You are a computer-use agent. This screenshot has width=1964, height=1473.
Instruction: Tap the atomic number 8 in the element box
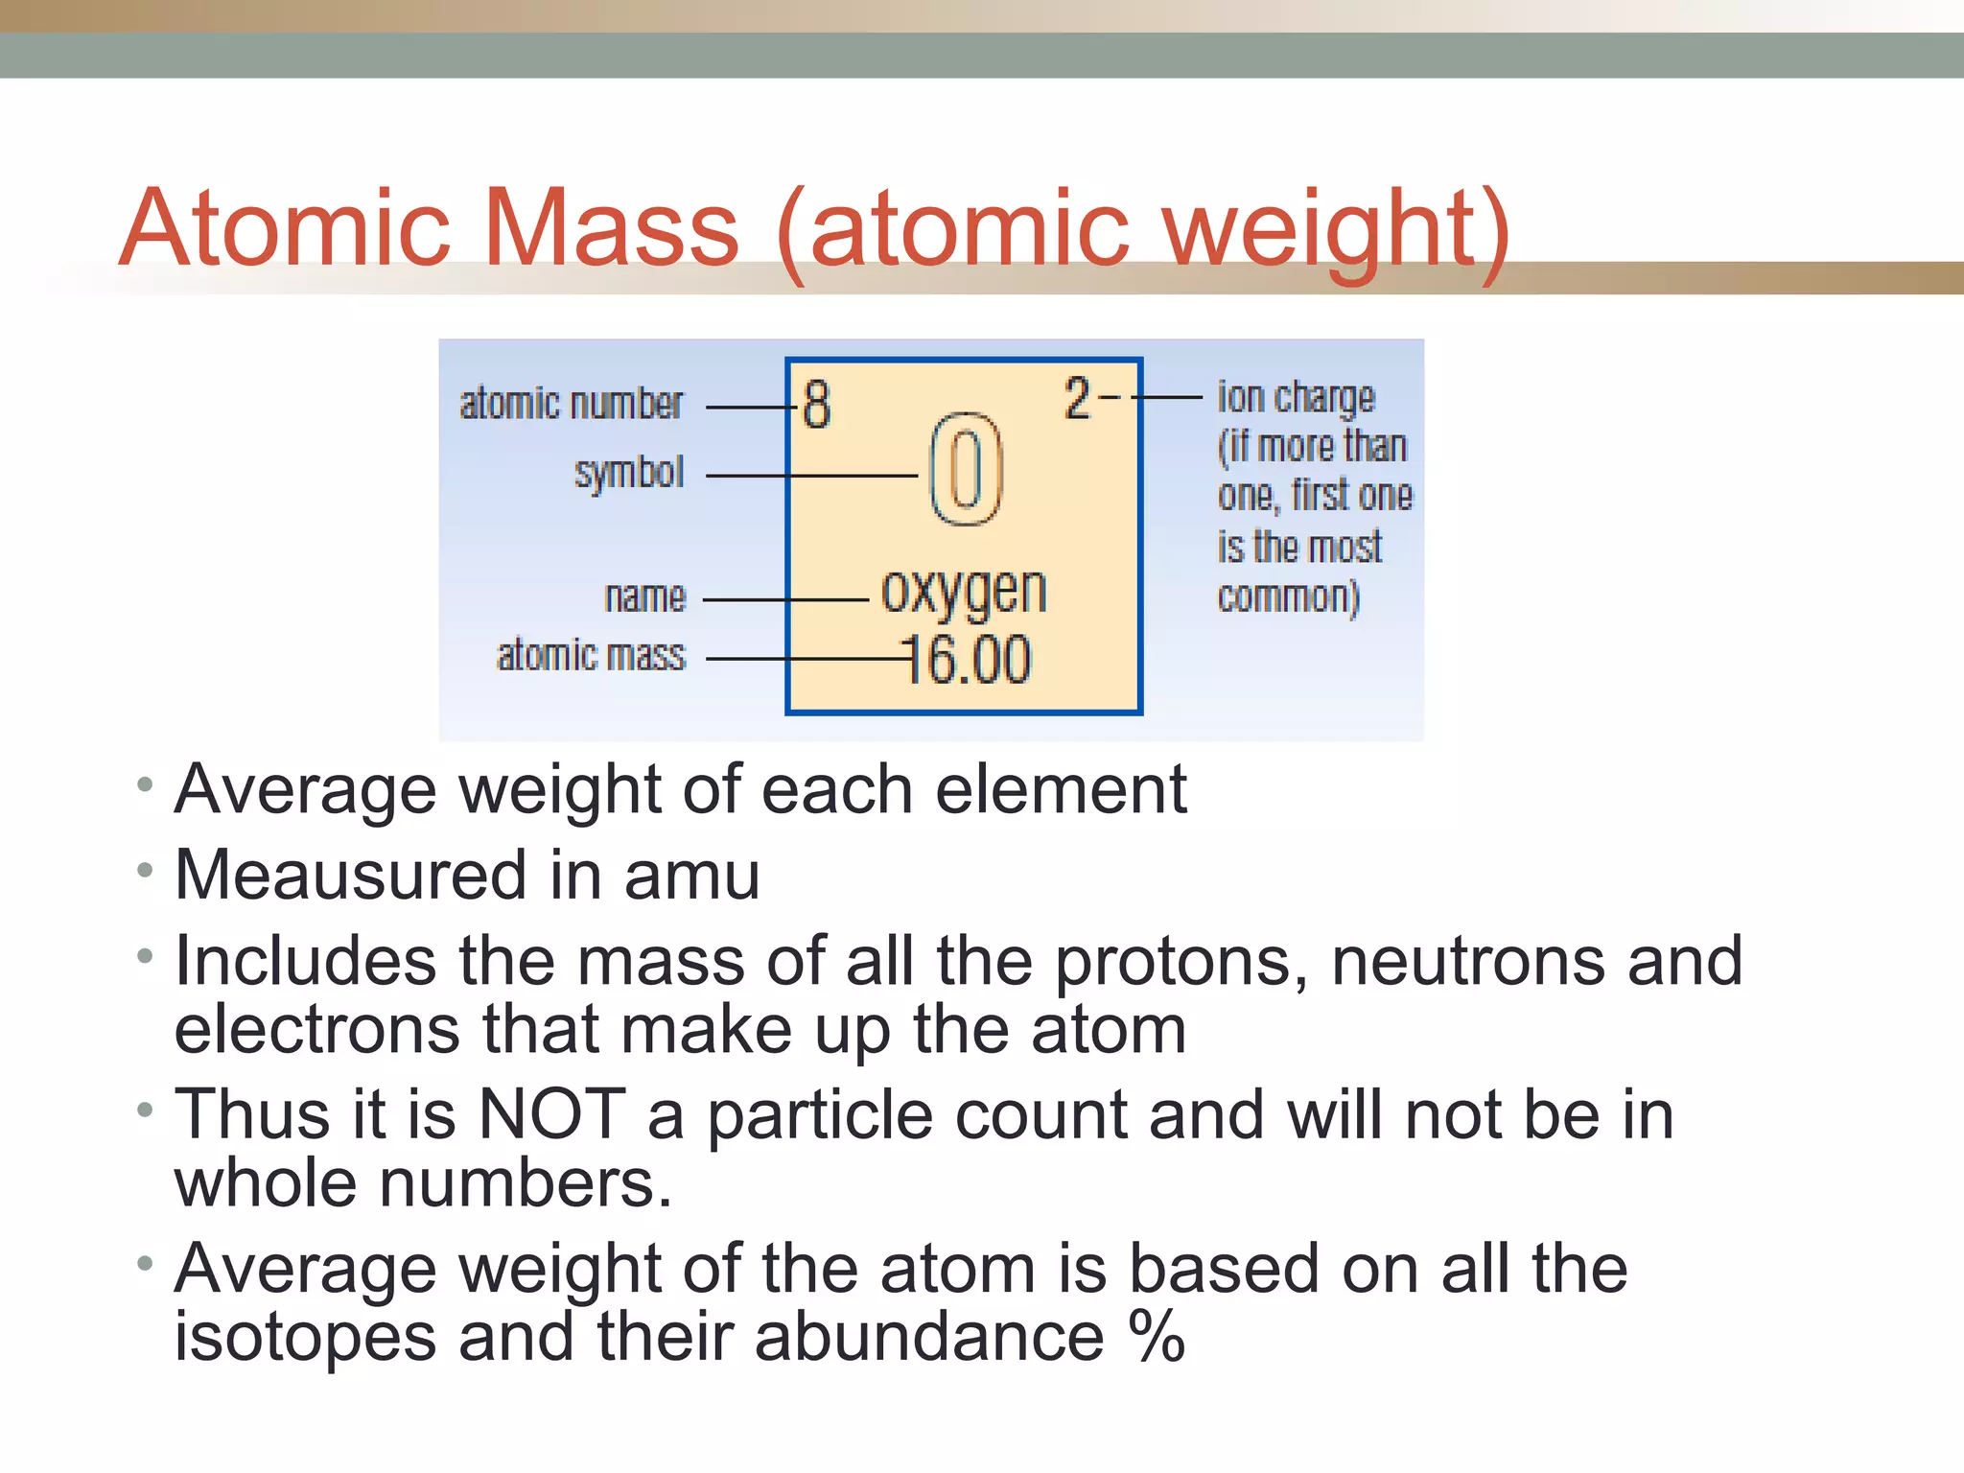point(816,404)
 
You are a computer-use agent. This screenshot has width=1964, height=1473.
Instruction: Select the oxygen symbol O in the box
point(966,470)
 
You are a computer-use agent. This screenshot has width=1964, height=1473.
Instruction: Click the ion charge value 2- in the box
point(1090,398)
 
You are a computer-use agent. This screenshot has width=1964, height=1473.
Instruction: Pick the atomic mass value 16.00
point(968,660)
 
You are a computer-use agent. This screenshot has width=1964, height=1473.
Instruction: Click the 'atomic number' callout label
point(572,404)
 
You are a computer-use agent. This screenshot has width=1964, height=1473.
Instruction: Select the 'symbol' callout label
point(629,473)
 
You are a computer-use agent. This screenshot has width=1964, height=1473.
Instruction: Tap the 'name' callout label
point(645,597)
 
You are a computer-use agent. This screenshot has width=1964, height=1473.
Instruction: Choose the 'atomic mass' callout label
point(592,657)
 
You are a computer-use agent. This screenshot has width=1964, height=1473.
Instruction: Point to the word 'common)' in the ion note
point(1288,597)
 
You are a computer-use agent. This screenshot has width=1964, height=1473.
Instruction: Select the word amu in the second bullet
point(691,876)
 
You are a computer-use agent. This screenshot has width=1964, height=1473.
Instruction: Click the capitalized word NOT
point(551,1114)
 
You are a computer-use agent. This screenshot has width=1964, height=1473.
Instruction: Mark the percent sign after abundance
point(1157,1336)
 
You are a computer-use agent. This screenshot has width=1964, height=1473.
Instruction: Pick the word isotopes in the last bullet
point(305,1336)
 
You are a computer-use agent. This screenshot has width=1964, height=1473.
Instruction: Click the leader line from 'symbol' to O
point(811,476)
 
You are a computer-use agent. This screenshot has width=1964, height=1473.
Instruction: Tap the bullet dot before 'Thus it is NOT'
point(145,1111)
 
